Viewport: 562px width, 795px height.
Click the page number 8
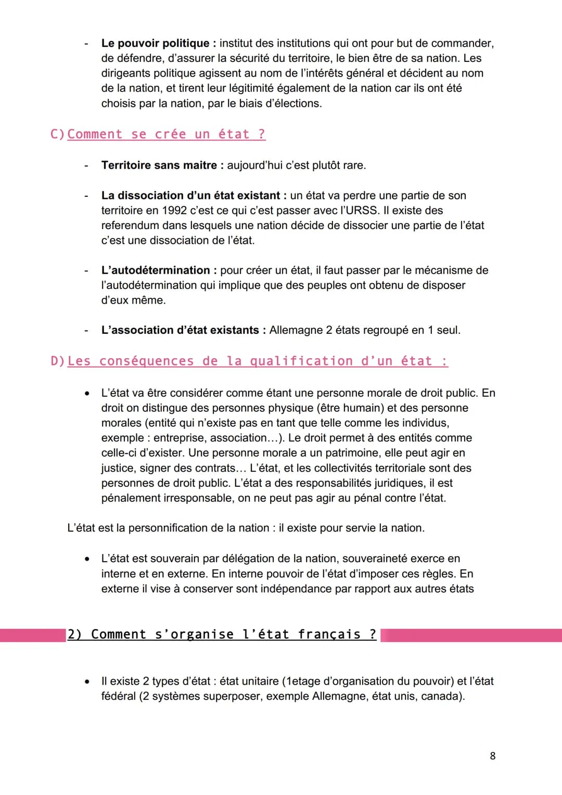pos(492,755)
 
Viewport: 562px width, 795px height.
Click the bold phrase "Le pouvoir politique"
pos(155,43)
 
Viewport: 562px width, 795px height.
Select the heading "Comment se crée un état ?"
pos(166,134)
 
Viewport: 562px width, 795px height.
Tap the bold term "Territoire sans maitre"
pos(159,165)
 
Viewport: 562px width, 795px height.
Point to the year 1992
pos(174,210)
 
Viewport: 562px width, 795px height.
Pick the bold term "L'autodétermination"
pos(156,270)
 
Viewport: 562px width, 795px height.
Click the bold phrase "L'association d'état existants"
pos(180,330)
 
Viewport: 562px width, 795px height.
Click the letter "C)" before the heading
pos(57,134)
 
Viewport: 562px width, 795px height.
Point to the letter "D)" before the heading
pos(57,361)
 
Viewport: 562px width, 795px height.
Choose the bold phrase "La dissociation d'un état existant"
pos(190,195)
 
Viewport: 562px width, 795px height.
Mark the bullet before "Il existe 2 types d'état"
pos(87,682)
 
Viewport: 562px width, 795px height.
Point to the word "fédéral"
pos(119,696)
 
